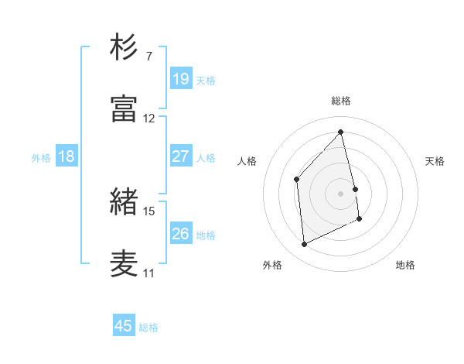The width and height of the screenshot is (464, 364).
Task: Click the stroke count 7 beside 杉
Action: pos(148,57)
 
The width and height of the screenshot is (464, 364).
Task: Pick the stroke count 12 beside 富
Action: pos(149,118)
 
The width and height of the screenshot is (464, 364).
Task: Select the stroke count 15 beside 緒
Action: pos(149,211)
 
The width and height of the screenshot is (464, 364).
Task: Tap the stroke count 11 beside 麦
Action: pos(149,273)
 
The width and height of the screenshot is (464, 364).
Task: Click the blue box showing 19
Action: pos(181,78)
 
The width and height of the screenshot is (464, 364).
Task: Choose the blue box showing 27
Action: pos(181,156)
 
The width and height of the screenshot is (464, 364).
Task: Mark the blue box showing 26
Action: pos(181,233)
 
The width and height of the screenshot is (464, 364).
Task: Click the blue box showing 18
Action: pos(66,156)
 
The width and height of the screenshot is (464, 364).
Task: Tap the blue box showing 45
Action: pos(123,326)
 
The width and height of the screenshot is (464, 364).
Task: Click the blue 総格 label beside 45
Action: pos(148,328)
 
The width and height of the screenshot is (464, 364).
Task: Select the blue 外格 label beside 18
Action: pos(41,158)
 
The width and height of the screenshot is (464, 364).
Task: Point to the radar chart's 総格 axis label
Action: pos(341,101)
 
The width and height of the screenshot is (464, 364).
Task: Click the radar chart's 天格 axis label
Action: pos(435,161)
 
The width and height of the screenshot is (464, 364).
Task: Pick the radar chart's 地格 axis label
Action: pos(405,265)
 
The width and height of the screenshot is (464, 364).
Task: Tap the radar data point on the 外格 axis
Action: pos(304,245)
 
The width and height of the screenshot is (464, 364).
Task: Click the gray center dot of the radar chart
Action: pos(341,193)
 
